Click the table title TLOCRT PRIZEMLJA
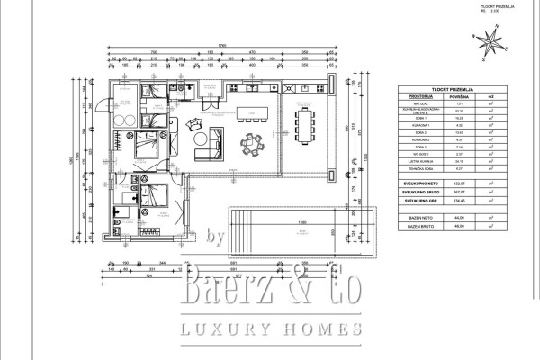[x=448, y=89]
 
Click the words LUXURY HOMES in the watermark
[x=274, y=328]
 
